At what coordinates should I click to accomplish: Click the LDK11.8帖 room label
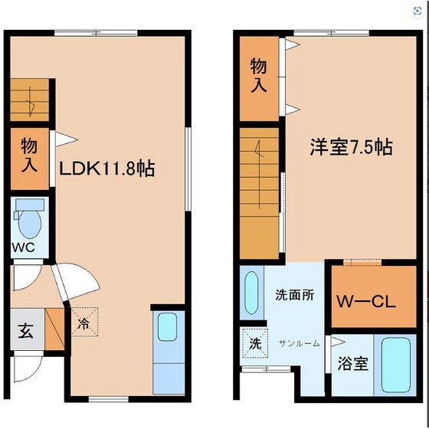click(x=107, y=169)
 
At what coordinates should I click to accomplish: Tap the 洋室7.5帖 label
click(x=352, y=147)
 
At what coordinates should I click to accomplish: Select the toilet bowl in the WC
click(x=30, y=224)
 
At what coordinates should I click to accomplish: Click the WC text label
click(x=23, y=247)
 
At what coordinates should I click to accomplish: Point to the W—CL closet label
click(x=366, y=302)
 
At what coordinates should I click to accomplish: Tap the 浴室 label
click(x=352, y=363)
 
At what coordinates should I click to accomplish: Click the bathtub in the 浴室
click(x=395, y=365)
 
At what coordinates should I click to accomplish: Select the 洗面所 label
click(x=294, y=295)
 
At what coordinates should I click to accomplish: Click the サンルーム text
click(x=299, y=343)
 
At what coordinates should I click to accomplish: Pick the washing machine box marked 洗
click(x=255, y=343)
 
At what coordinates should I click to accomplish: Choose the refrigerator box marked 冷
click(x=84, y=322)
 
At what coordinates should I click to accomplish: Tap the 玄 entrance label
click(x=26, y=331)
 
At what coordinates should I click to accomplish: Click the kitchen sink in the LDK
click(x=167, y=327)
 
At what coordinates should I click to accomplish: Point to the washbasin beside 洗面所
click(x=251, y=293)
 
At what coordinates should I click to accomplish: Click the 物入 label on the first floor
click(x=29, y=155)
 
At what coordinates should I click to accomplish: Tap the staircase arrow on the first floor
click(x=31, y=101)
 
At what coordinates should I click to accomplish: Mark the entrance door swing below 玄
click(x=28, y=368)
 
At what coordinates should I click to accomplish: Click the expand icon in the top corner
click(x=418, y=11)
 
